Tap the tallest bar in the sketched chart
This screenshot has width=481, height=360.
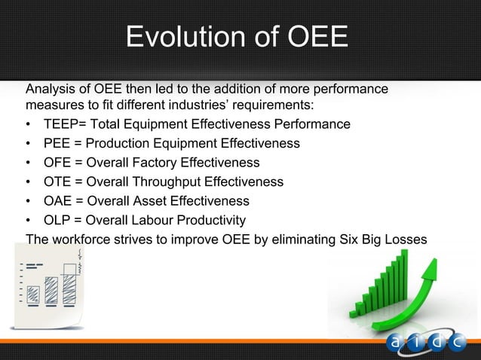tap(70, 284)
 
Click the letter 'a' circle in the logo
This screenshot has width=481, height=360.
tap(396, 343)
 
